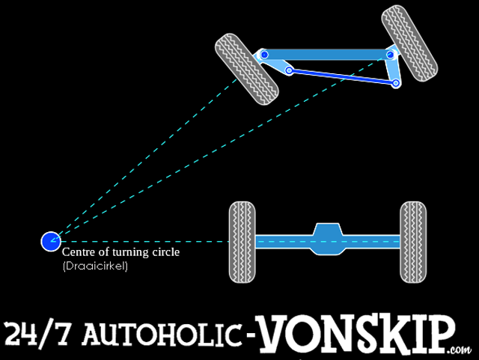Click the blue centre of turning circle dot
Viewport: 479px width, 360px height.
(50, 240)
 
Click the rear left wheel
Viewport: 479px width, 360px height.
(242, 241)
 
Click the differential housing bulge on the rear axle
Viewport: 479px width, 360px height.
(327, 240)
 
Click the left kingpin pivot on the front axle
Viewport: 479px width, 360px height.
(263, 55)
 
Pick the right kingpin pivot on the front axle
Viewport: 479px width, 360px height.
(390, 55)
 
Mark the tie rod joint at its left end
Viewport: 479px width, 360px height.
(289, 71)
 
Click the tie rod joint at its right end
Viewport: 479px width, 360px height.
(395, 82)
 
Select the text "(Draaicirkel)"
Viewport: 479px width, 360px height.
(95, 266)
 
